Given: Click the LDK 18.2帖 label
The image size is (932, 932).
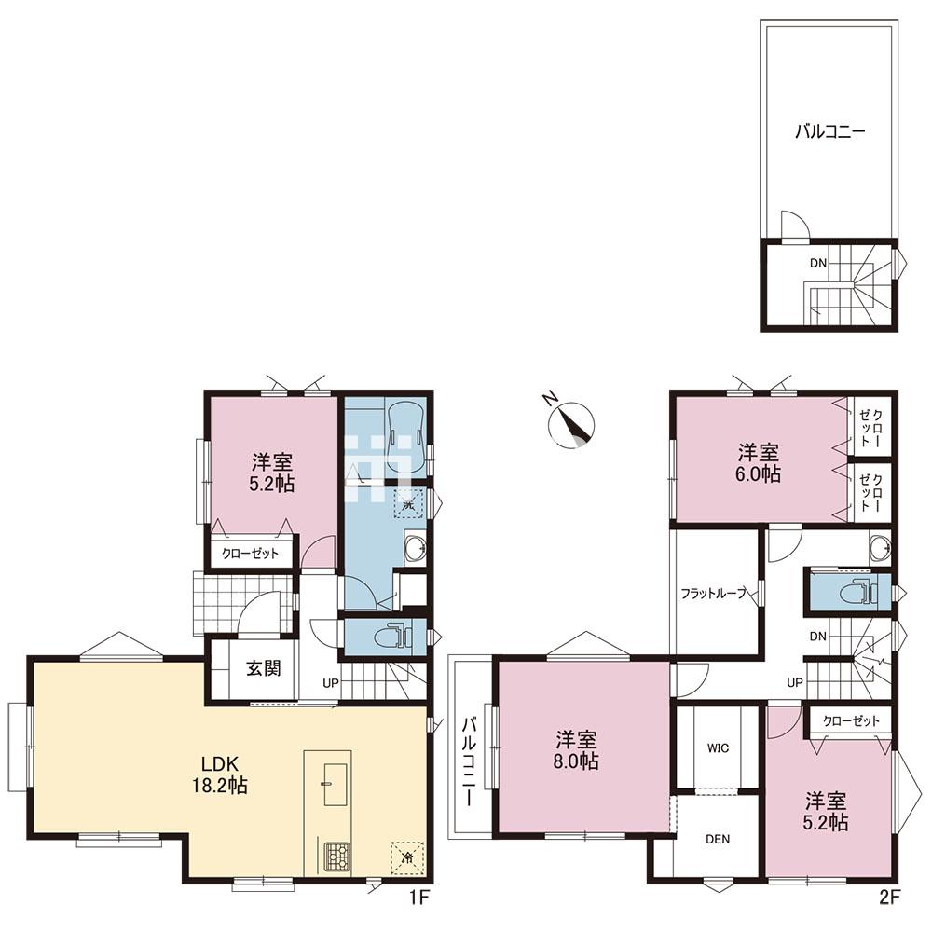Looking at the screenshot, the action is click(220, 774).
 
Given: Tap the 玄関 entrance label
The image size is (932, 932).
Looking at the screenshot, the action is click(264, 668).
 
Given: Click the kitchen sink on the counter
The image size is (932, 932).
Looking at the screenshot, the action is click(336, 785).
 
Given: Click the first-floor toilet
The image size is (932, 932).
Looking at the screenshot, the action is click(392, 637).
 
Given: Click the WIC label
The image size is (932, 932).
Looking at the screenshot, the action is click(718, 748).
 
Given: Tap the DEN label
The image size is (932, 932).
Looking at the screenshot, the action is click(718, 840).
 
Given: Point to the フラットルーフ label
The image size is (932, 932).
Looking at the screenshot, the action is click(713, 593).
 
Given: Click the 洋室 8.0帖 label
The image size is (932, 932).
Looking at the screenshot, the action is click(577, 750).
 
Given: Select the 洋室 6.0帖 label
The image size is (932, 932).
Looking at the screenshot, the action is click(759, 463).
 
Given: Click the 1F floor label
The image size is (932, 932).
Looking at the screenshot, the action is click(418, 897).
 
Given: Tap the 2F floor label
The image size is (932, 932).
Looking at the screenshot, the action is click(889, 897).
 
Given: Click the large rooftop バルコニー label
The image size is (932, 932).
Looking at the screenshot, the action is click(830, 131).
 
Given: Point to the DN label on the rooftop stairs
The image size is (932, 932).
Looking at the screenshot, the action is click(818, 263).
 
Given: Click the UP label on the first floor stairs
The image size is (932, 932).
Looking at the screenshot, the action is click(331, 683).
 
